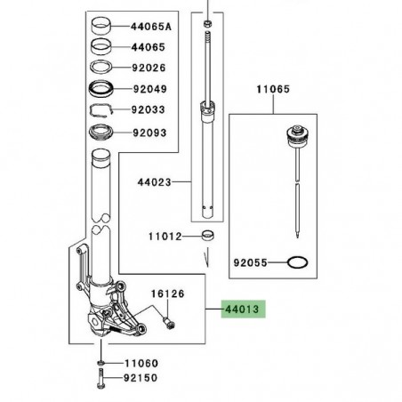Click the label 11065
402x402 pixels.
275,91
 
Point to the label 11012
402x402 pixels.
165,237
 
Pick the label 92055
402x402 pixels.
251,264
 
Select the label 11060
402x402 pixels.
141,364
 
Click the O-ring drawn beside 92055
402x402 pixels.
301,264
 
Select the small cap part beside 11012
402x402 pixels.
209,237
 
